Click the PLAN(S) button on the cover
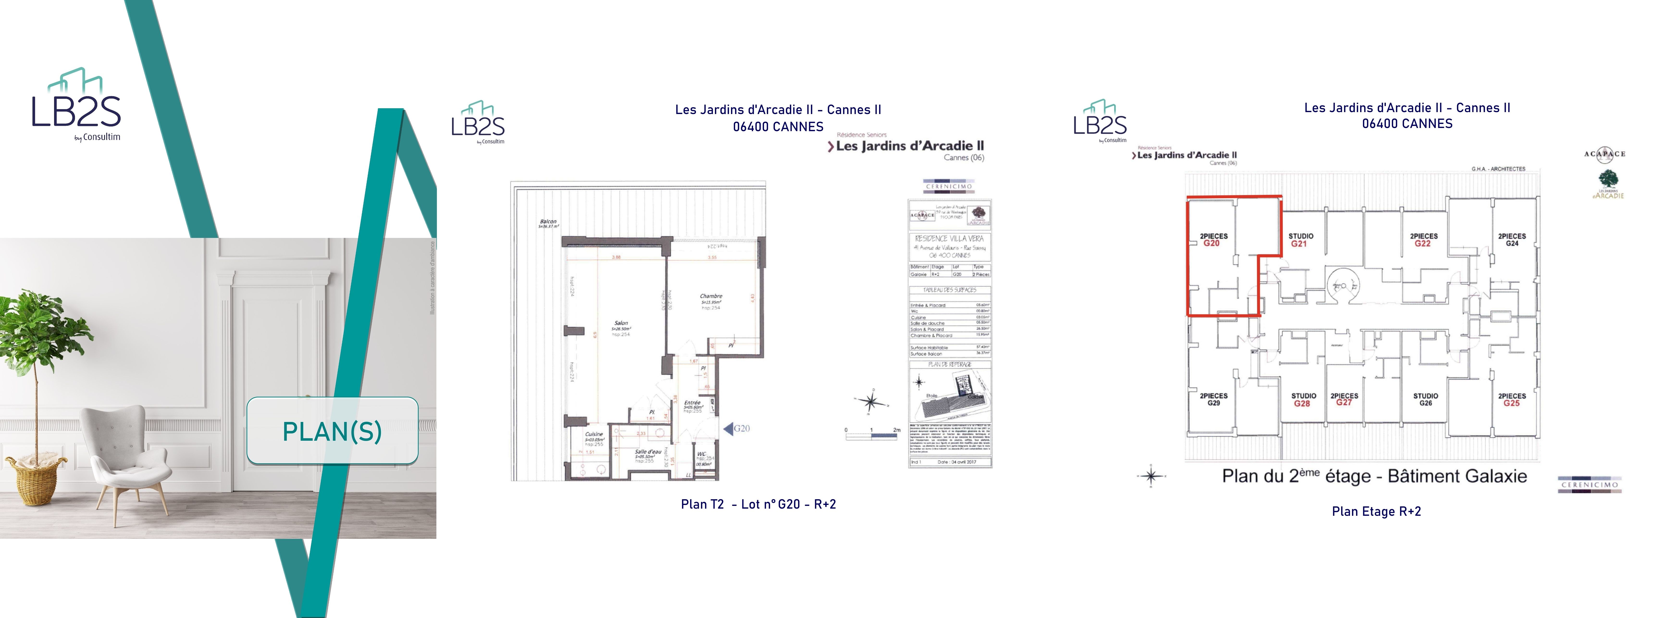click(x=332, y=431)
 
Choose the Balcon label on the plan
click(x=548, y=223)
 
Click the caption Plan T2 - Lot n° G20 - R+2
click(x=758, y=504)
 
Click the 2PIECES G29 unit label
click(x=1213, y=399)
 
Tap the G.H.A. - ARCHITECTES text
click(x=1498, y=169)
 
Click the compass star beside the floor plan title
click(x=1151, y=476)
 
